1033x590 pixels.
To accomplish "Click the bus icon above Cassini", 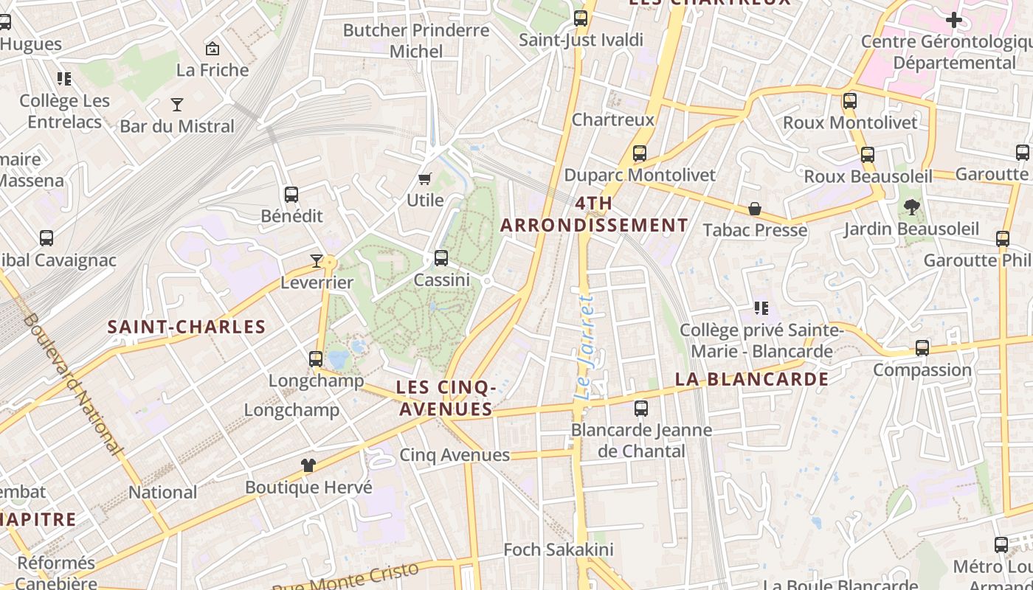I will click(441, 258).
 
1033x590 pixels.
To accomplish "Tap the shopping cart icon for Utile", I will click(424, 178).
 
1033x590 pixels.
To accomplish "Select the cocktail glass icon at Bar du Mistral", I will click(177, 104).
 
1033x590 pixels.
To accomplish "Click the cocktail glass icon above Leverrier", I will click(317, 260).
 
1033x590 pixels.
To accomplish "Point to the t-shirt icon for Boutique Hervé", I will click(308, 465).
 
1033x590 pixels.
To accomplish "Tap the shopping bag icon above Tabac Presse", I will click(755, 209).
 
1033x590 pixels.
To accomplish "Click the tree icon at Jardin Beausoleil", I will click(912, 207).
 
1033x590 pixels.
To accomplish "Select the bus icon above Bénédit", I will click(291, 195).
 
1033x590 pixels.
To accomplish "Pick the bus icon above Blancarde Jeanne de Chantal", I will click(641, 408).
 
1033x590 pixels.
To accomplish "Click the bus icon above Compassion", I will click(922, 347).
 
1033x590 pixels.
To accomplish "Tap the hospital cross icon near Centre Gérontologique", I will click(954, 20).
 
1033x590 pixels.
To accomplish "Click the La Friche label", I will click(213, 70).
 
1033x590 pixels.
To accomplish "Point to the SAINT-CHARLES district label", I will click(187, 327).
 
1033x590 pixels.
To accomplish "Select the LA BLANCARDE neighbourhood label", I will click(752, 379).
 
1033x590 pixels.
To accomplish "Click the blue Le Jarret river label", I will click(585, 347).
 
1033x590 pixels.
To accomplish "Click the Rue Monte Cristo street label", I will click(346, 578).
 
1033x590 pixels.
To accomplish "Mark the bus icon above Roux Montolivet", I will click(850, 101).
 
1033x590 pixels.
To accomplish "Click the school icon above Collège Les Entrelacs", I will click(64, 78).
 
